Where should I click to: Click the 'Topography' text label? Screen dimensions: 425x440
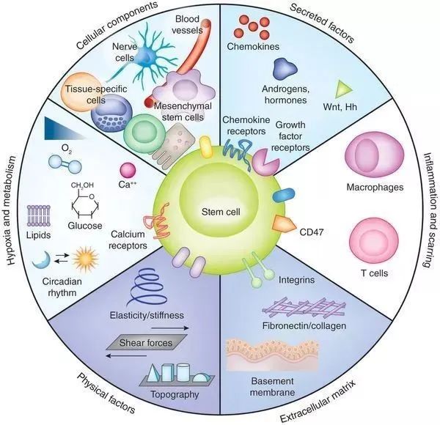tap(174, 394)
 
